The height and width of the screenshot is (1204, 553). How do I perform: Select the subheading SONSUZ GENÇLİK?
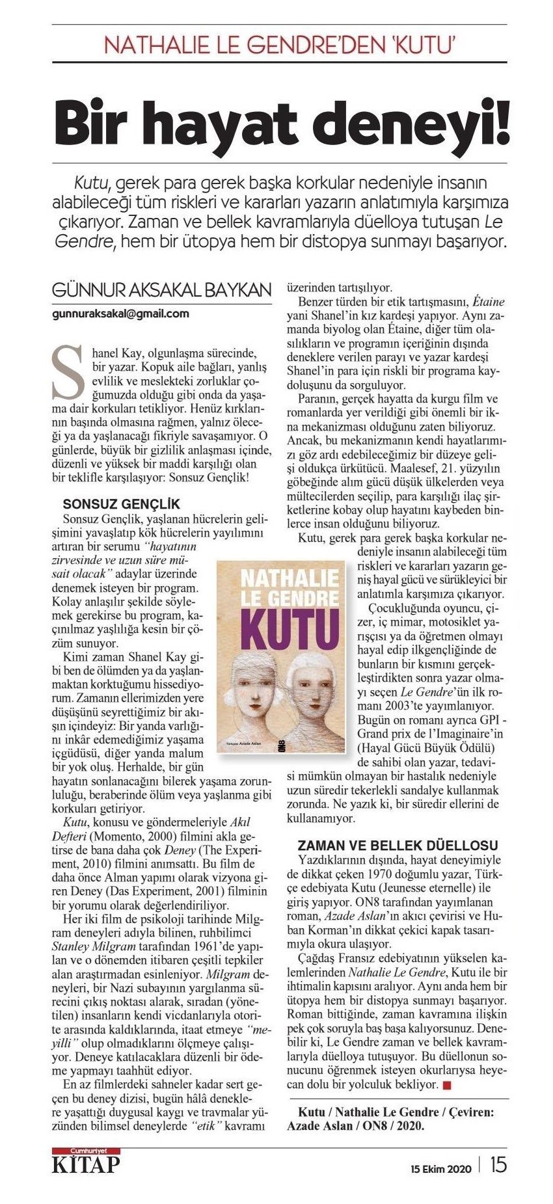pos(121,504)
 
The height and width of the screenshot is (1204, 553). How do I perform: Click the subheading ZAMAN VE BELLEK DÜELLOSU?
pos(398,845)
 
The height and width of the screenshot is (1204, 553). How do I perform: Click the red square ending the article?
pos(446,1084)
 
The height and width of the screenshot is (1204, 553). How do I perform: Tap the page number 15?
pos(498,1164)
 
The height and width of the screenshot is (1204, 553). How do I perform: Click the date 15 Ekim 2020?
pos(440,1168)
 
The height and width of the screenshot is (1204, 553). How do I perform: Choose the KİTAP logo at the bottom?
pos(87,1164)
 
